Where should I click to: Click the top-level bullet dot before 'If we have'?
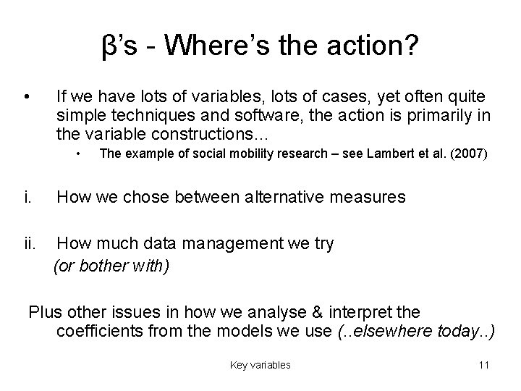[26, 97]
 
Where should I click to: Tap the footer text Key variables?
[260, 365]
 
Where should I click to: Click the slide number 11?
[484, 365]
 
